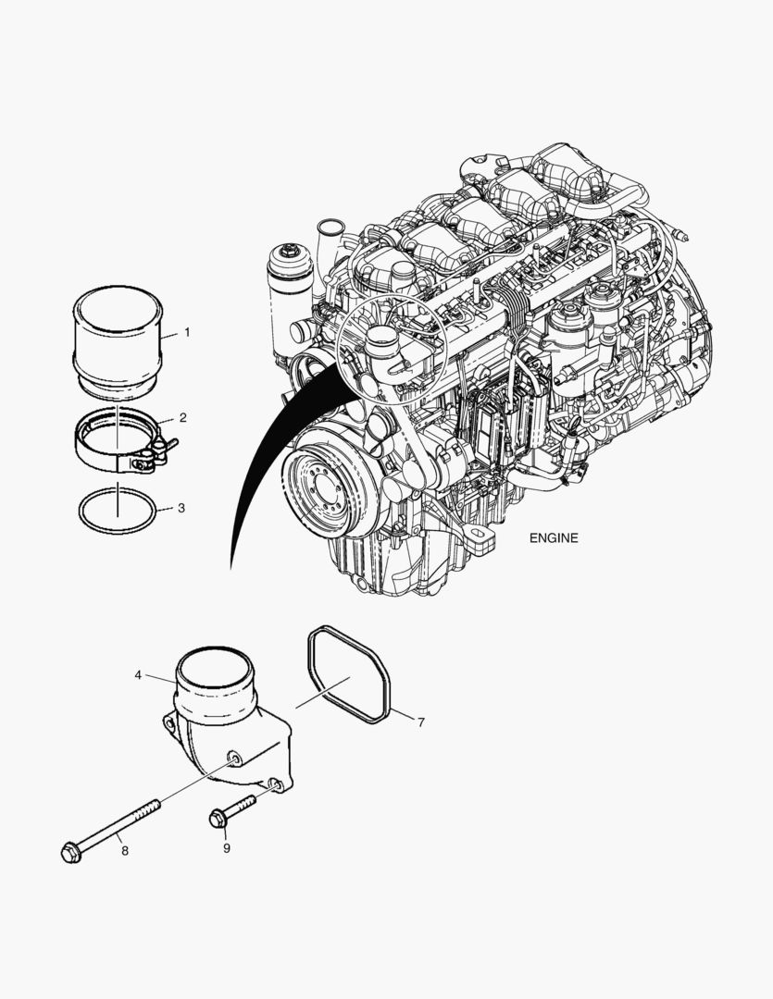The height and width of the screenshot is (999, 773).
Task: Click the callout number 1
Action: tap(187, 332)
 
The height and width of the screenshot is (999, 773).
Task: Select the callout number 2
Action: tap(183, 418)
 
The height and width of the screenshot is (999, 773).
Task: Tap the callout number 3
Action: tap(181, 509)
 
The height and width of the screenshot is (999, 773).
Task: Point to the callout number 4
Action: tap(139, 674)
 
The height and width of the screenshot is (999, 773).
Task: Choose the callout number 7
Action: tap(421, 722)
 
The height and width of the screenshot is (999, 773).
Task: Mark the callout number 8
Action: tap(125, 851)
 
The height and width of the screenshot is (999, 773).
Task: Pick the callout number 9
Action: tap(227, 848)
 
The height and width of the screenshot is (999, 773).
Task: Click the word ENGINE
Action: tap(554, 537)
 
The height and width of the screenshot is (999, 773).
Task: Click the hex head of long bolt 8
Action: tap(70, 853)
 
